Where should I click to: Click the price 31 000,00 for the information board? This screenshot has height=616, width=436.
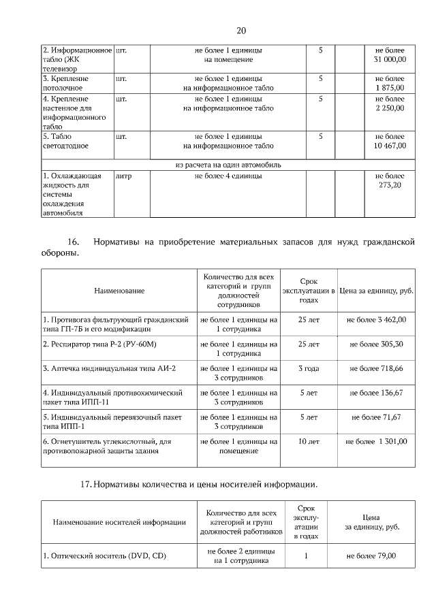click(x=390, y=55)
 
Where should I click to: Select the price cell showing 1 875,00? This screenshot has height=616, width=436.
click(x=390, y=83)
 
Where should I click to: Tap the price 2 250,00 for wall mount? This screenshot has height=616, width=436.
click(x=390, y=103)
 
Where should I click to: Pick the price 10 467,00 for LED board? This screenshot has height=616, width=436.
click(x=390, y=141)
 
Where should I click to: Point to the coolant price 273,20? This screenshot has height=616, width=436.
click(x=390, y=180)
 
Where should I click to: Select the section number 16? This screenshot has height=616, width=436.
click(x=74, y=242)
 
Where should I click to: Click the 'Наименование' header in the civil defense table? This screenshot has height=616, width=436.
click(x=119, y=291)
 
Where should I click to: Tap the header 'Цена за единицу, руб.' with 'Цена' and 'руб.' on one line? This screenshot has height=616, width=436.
click(x=376, y=291)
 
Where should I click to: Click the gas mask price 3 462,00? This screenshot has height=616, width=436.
click(x=376, y=319)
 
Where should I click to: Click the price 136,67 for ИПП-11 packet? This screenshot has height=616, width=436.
click(x=376, y=393)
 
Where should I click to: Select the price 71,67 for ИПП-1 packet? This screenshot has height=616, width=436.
click(x=376, y=417)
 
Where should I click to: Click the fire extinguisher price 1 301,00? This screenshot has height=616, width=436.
click(x=376, y=442)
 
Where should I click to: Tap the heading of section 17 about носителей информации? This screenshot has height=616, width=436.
click(x=198, y=485)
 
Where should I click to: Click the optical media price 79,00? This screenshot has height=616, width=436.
click(x=371, y=556)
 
